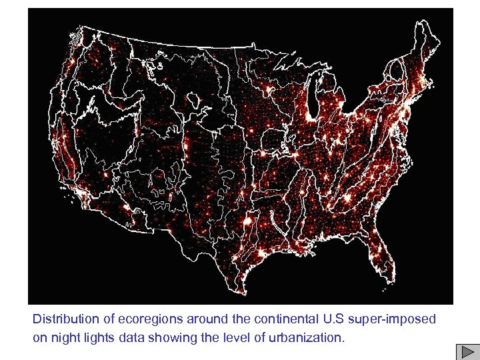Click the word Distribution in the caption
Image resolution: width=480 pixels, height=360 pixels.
click(62, 319)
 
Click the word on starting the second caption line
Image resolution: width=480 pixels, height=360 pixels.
click(39, 337)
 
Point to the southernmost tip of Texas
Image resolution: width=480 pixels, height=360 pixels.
click(239, 292)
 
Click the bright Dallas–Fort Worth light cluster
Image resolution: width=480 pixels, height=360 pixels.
click(248, 219)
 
